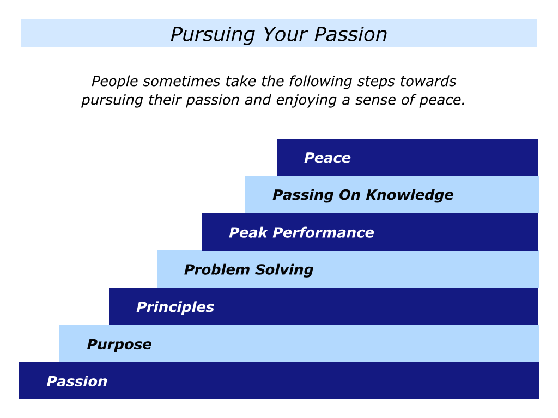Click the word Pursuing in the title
coord(213,35)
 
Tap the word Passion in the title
coord(350,34)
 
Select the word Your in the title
coord(285,34)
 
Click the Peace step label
coord(327,158)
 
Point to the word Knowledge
coord(410,195)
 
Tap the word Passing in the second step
coord(303,195)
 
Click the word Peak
coord(248,232)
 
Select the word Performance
coord(324,232)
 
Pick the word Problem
coord(217,269)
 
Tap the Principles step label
coord(175,307)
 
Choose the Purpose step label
coord(119,345)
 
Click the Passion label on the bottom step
coord(77,382)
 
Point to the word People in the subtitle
coord(114,82)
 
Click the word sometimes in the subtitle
coord(181,81)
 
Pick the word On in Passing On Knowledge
coord(350,195)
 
